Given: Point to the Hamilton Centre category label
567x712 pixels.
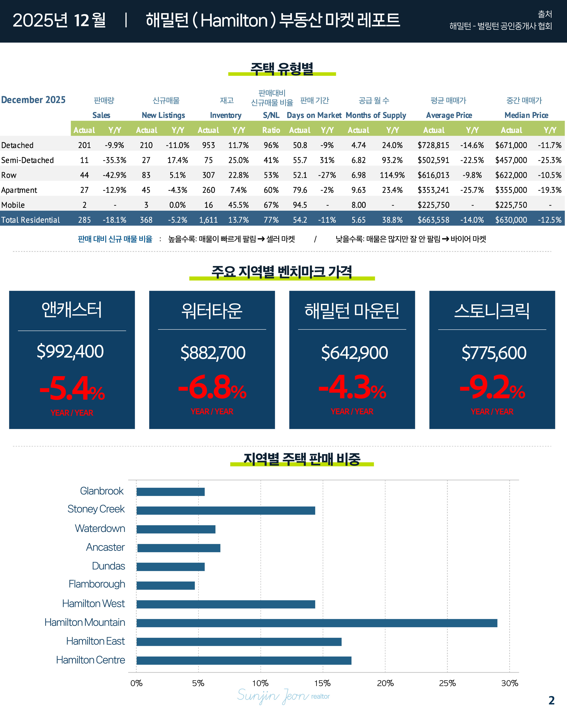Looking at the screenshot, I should [91, 660].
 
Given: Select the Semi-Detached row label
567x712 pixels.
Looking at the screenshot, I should [27, 160].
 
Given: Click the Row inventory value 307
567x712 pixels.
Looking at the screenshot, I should [209, 175].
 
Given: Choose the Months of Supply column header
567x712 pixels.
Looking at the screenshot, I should [376, 115].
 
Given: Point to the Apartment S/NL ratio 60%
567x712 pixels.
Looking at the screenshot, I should [271, 190].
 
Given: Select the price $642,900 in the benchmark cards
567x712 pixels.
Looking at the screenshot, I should [354, 353].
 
